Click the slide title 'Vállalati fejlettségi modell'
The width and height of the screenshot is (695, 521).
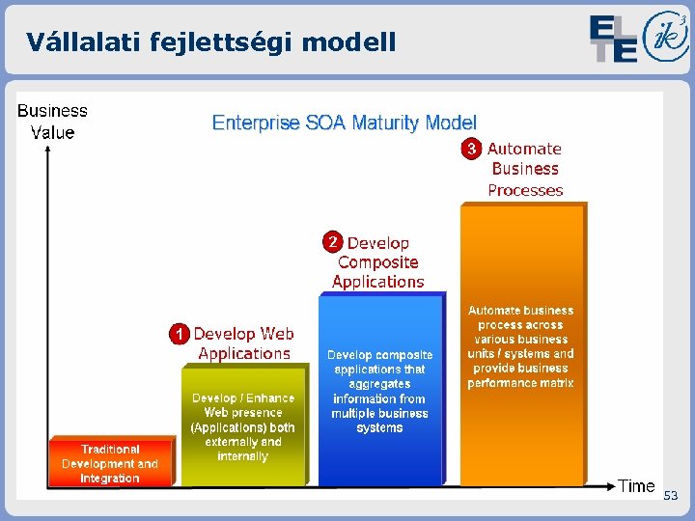210,41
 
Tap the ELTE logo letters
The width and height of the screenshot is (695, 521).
614,39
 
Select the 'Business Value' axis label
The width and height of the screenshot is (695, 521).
52,123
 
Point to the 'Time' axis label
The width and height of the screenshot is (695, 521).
636,486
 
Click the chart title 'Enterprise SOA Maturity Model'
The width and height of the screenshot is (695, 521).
345,123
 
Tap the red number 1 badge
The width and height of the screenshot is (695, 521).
178,335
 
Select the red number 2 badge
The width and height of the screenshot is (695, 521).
332,241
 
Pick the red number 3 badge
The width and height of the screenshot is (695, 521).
471,149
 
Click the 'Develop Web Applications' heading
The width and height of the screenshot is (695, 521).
243,343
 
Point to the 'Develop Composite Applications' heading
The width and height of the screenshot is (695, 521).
377,262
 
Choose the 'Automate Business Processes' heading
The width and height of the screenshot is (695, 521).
524,169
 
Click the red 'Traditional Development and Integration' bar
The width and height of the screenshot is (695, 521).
110,463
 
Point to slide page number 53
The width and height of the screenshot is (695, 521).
670,495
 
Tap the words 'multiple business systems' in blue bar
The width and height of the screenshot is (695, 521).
379,421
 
